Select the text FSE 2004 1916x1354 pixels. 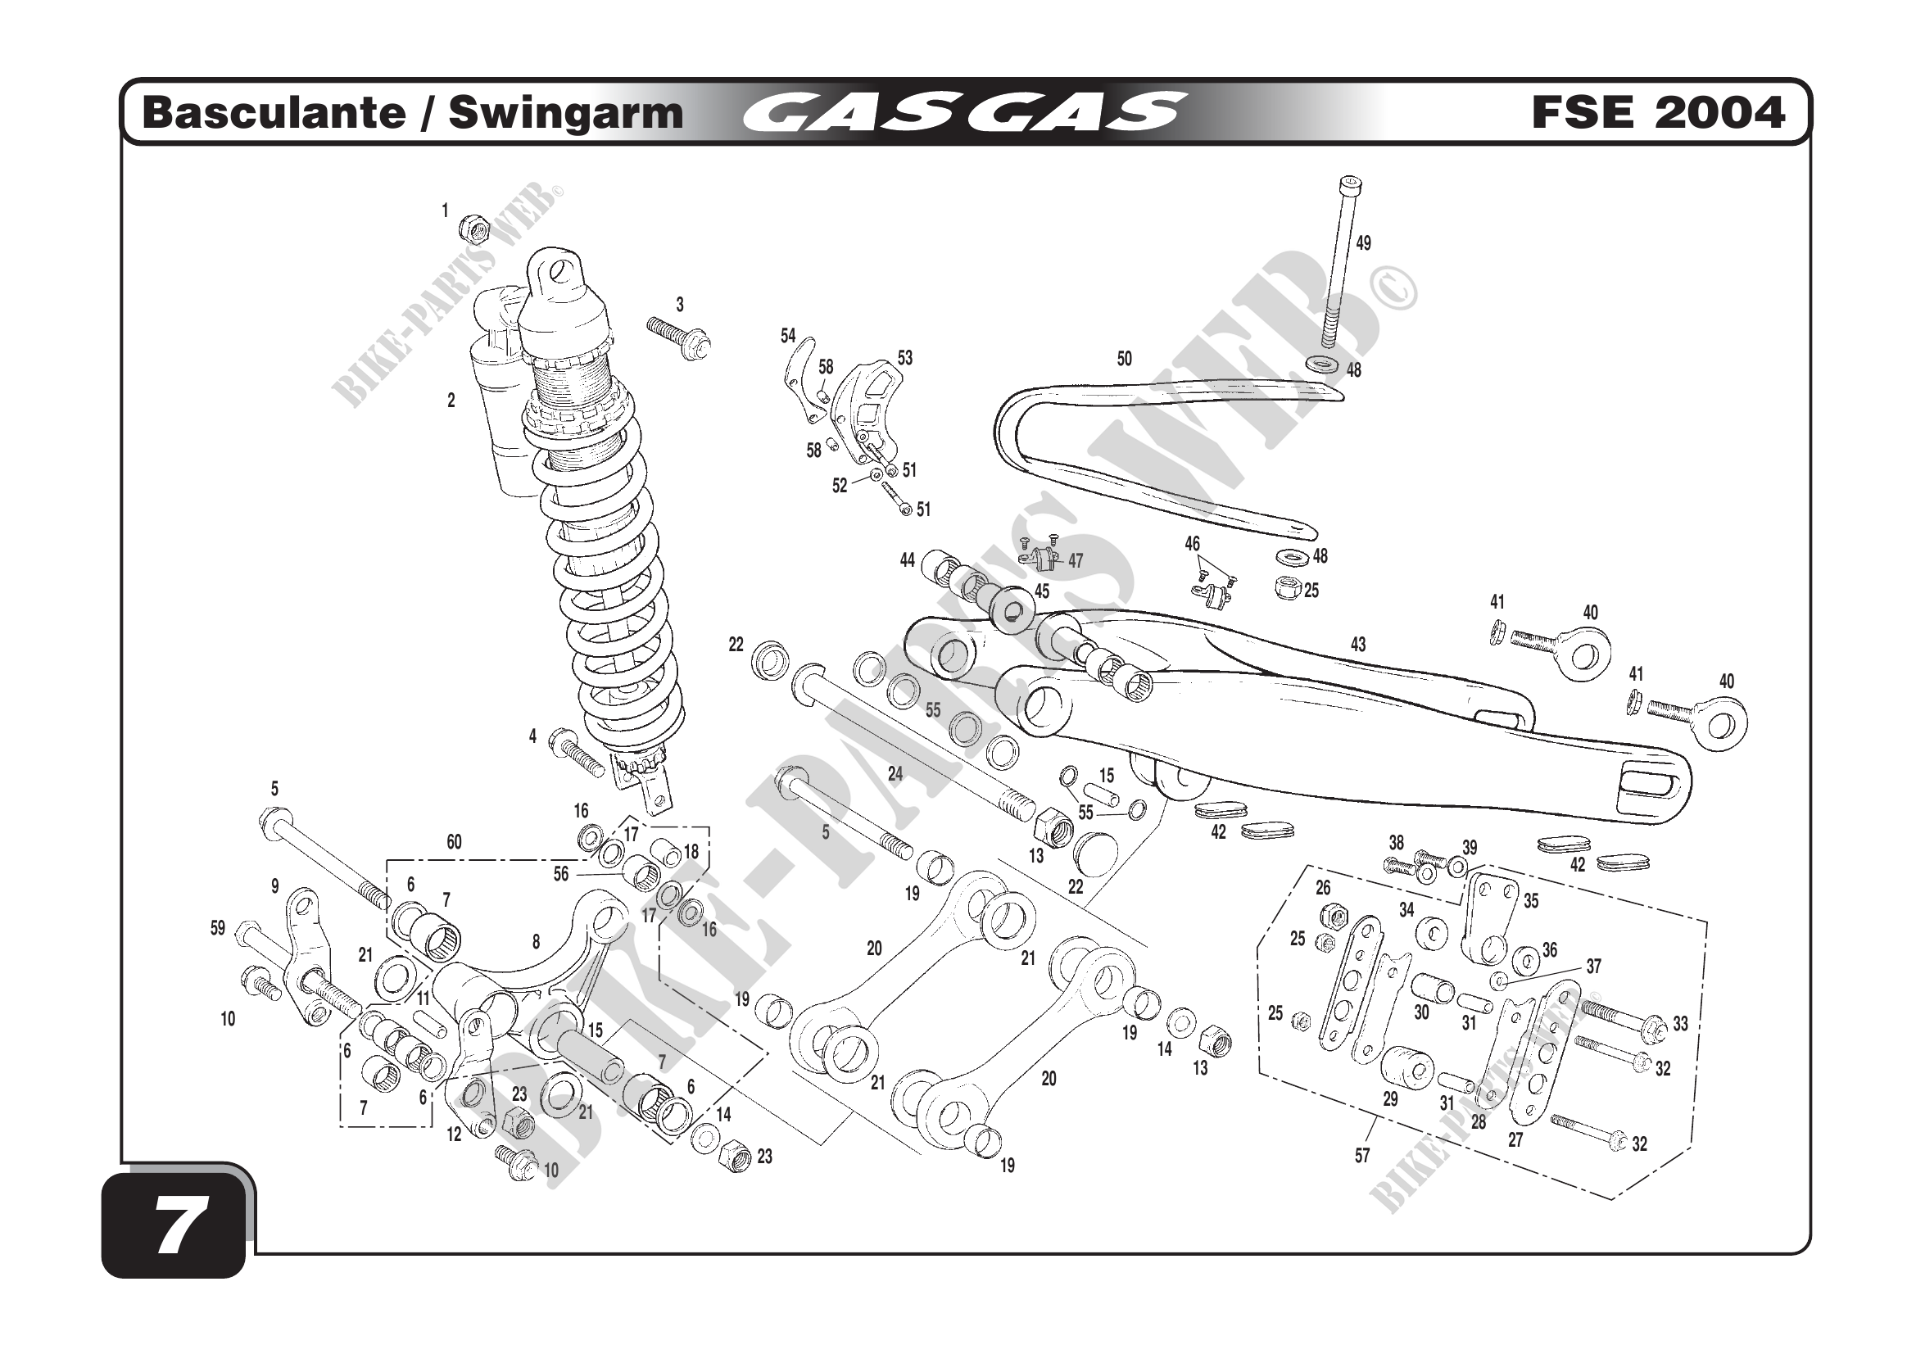pyautogui.click(x=1658, y=112)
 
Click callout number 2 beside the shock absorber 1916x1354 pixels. pyautogui.click(x=451, y=401)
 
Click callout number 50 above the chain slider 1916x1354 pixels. pyautogui.click(x=1124, y=359)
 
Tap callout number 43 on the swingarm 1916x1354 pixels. pyautogui.click(x=1358, y=644)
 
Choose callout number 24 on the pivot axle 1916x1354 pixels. pyautogui.click(x=895, y=773)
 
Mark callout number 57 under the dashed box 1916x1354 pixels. pyautogui.click(x=1363, y=1156)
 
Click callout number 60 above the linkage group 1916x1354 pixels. pyautogui.click(x=454, y=842)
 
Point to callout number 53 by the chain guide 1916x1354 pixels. pyautogui.click(x=905, y=357)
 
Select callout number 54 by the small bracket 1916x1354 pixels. pyautogui.click(x=789, y=335)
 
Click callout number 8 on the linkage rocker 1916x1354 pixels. pyautogui.click(x=536, y=942)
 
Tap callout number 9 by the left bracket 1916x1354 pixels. pyautogui.click(x=274, y=887)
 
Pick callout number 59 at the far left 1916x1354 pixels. pyautogui.click(x=218, y=928)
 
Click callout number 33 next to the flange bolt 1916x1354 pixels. pyautogui.click(x=1681, y=1024)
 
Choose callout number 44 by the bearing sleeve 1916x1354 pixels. pyautogui.click(x=907, y=560)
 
